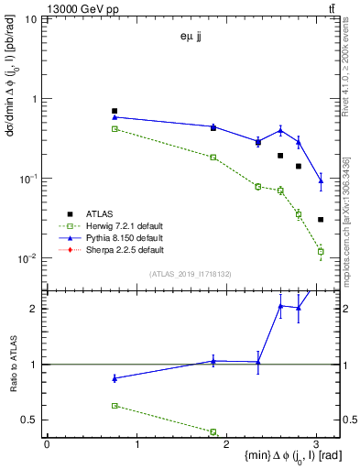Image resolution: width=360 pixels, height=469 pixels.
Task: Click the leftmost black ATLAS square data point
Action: (x=115, y=111)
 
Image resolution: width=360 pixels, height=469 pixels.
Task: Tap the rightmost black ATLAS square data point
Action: (x=321, y=220)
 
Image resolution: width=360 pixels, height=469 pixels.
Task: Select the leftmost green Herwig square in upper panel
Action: (x=115, y=129)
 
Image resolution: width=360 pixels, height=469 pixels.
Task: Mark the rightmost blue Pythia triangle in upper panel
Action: (x=321, y=181)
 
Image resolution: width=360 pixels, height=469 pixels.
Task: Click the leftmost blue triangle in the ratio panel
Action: (x=115, y=378)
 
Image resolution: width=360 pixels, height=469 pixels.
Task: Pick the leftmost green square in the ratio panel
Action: (x=115, y=405)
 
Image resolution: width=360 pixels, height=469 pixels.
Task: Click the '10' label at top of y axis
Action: (x=29, y=19)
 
